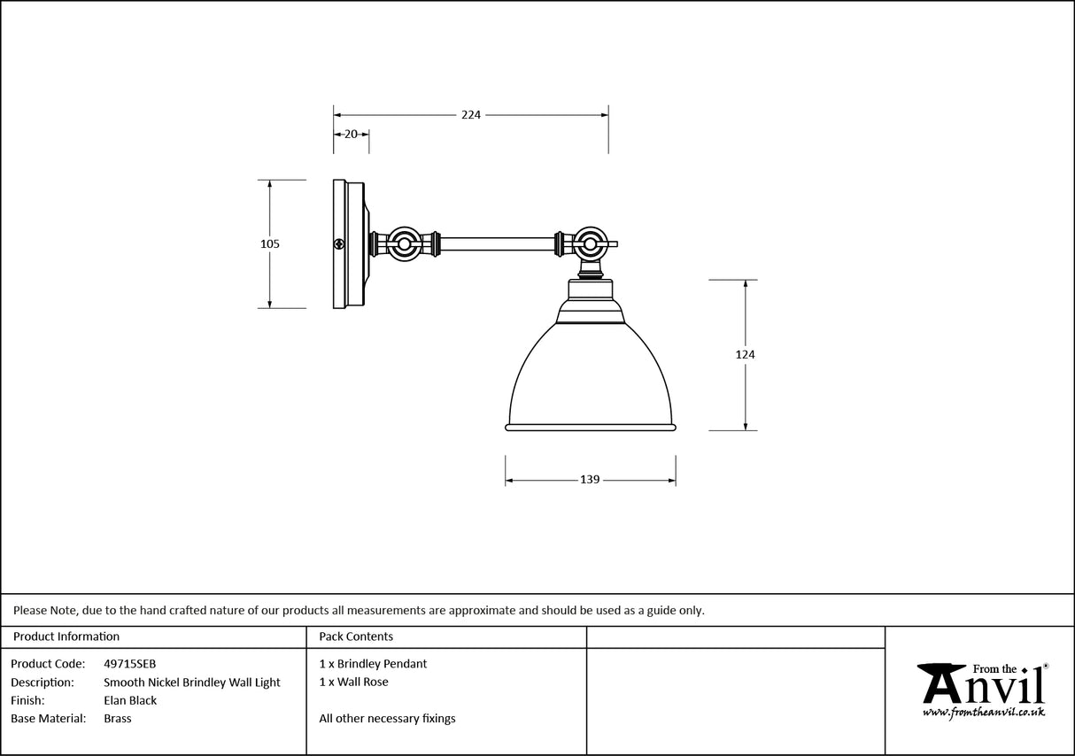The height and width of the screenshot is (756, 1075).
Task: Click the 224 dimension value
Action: pyautogui.click(x=470, y=115)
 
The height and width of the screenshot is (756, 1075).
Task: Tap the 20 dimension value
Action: pyautogui.click(x=351, y=135)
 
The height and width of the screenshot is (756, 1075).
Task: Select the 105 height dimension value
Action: pyautogui.click(x=270, y=243)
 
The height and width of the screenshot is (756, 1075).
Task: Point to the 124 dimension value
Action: pyautogui.click(x=745, y=355)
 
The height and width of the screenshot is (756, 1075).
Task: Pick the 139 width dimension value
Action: pyautogui.click(x=590, y=480)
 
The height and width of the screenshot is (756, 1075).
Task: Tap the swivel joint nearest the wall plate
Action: pyautogui.click(x=406, y=243)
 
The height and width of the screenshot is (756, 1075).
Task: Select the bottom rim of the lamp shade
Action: pyautogui.click(x=591, y=428)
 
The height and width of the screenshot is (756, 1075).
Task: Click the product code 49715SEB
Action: pyautogui.click(x=129, y=664)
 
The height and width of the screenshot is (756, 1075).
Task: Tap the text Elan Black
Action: pyautogui.click(x=130, y=701)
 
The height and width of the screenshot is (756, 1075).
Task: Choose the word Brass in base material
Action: pyautogui.click(x=117, y=719)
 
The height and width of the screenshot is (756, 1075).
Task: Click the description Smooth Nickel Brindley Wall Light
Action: pyautogui.click(x=191, y=683)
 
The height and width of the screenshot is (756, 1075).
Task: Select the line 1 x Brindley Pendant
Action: pyautogui.click(x=373, y=664)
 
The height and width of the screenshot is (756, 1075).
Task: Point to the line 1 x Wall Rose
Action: pyautogui.click(x=353, y=683)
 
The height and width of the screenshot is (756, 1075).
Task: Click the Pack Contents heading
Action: pyautogui.click(x=356, y=636)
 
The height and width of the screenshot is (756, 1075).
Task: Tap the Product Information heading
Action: pyautogui.click(x=66, y=636)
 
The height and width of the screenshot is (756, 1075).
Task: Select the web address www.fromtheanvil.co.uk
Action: pyautogui.click(x=984, y=712)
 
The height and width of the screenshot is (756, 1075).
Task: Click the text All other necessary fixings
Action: pyautogui.click(x=387, y=719)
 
